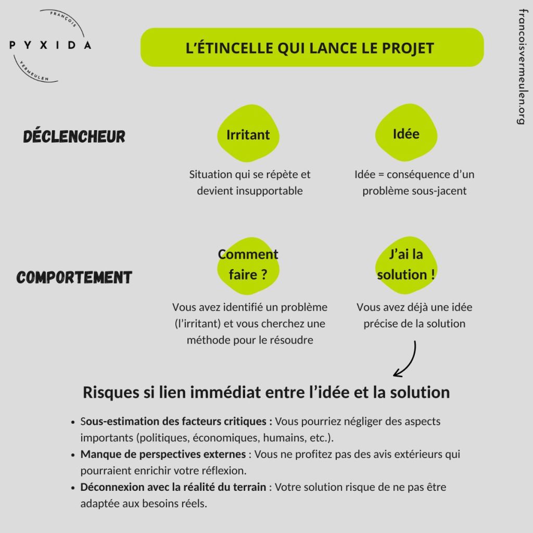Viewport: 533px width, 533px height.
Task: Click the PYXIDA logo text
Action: [50, 45]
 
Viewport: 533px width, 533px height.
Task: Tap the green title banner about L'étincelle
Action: [312, 47]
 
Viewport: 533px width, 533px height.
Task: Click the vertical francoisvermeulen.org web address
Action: [521, 66]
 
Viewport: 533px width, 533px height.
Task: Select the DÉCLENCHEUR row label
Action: [74, 136]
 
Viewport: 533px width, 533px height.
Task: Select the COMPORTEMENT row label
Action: [74, 277]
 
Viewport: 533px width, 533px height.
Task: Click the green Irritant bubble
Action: [248, 134]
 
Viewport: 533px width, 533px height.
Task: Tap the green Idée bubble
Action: [405, 133]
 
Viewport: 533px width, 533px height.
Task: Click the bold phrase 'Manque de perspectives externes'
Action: [163, 454]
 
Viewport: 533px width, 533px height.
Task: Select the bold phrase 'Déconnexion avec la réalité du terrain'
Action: [173, 487]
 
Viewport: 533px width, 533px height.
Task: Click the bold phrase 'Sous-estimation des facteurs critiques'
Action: [176, 421]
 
